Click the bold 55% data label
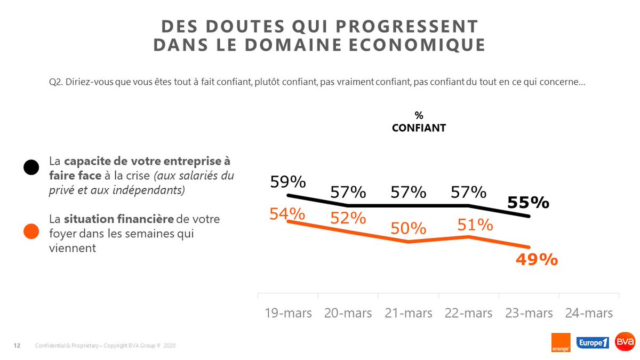click(x=528, y=203)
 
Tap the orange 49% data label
click(x=537, y=260)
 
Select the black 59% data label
click(x=287, y=182)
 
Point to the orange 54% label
click(x=287, y=214)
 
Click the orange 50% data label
click(x=408, y=228)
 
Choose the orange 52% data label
click(x=348, y=218)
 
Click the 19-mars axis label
click(x=288, y=313)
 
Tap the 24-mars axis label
click(x=589, y=313)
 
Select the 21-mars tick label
click(x=409, y=313)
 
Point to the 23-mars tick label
click(x=529, y=313)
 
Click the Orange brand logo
click(x=561, y=342)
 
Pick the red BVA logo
click(x=625, y=342)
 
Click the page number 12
click(x=17, y=346)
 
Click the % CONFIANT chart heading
click(x=419, y=122)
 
